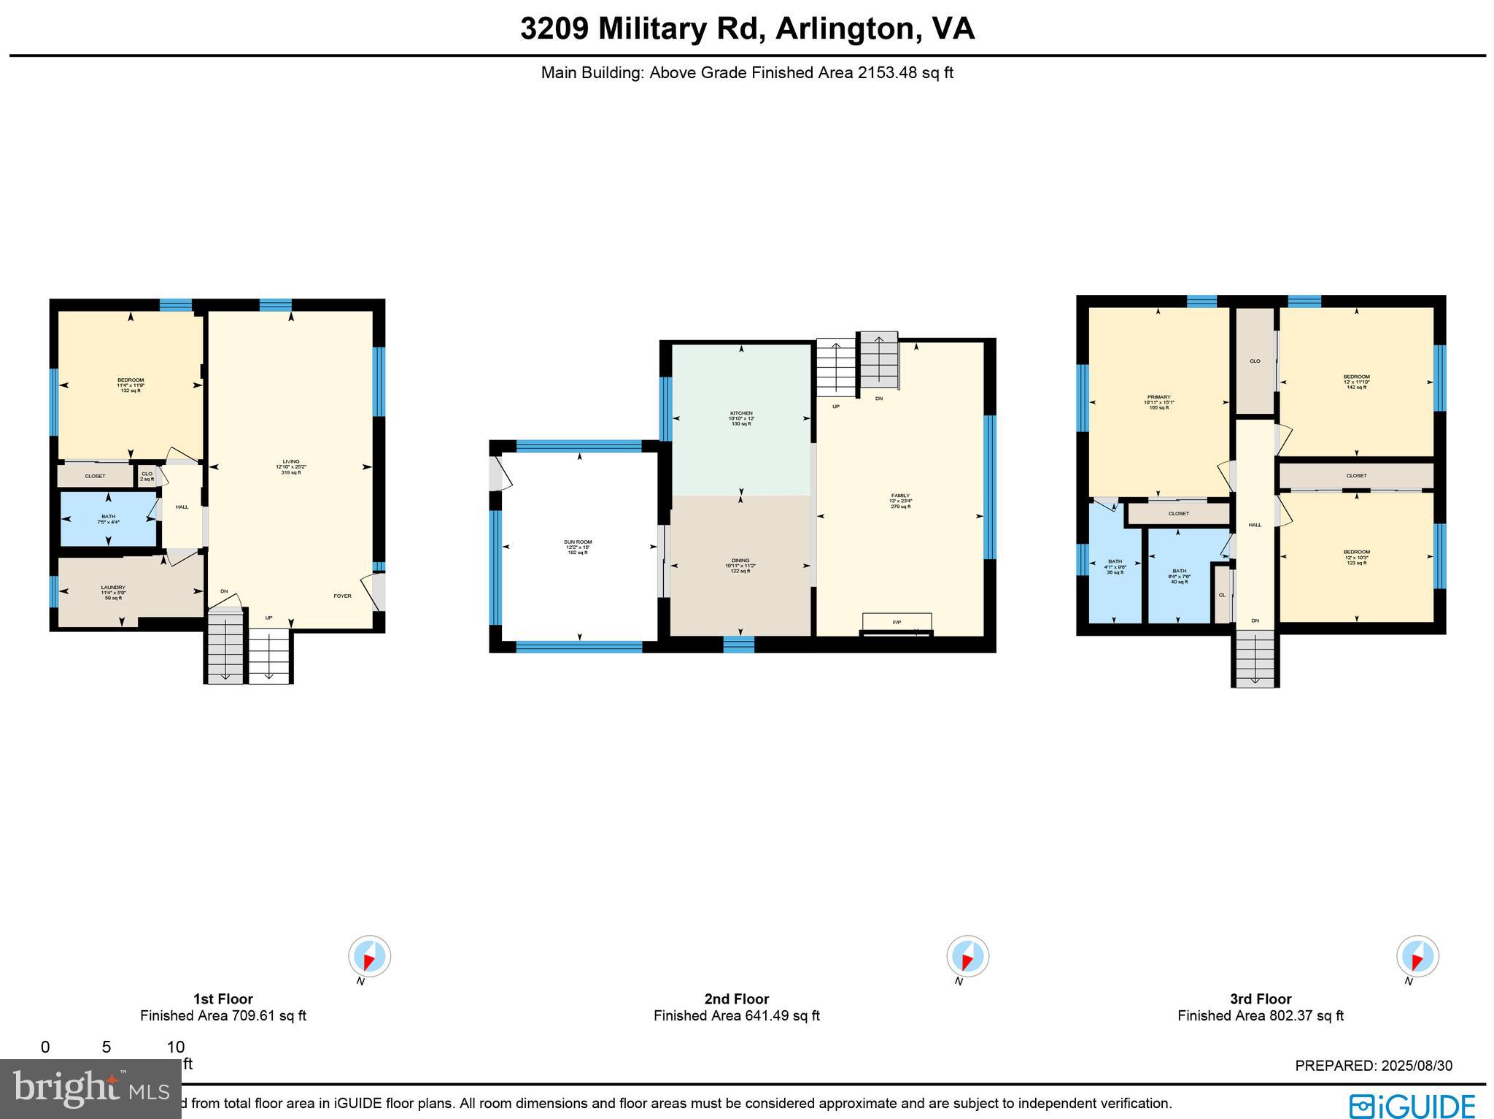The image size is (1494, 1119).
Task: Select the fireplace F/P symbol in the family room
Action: [x=897, y=622]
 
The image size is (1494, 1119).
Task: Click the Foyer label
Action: [x=342, y=596]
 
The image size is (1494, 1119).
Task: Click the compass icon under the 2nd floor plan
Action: [x=967, y=956]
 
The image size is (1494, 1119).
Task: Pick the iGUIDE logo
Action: [x=1411, y=1105]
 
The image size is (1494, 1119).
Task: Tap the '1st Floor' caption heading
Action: [x=222, y=999]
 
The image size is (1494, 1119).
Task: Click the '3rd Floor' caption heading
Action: [x=1260, y=999]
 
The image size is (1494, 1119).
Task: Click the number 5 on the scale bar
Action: [x=107, y=1047]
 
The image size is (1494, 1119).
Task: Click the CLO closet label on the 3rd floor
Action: [x=1254, y=361]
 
